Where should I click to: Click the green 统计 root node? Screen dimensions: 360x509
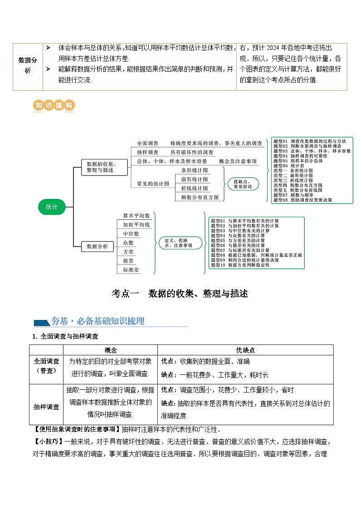point(52,207)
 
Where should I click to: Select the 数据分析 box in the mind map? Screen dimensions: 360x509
point(97,247)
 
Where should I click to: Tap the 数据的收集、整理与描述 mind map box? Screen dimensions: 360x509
point(101,167)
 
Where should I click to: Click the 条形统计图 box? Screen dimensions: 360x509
point(195,170)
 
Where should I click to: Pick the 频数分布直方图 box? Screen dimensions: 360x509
point(199,197)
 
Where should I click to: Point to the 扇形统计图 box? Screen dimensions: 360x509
point(195,179)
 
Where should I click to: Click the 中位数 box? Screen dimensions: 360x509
point(131,234)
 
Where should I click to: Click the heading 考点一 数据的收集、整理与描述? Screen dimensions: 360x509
point(180,293)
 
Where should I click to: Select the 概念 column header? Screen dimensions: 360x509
point(111,350)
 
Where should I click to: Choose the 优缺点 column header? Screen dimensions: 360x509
point(245,350)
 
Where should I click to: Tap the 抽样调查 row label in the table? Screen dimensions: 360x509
point(46,407)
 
